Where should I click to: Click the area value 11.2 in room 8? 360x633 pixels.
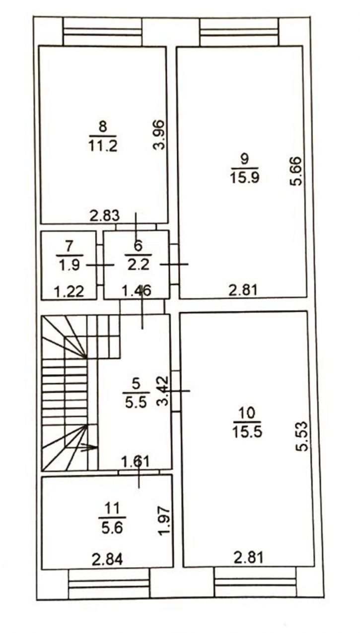(x=103, y=146)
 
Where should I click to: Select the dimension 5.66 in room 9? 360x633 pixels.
(x=296, y=171)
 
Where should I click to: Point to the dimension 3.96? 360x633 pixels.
(x=158, y=135)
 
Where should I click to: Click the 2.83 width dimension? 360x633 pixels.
(x=105, y=215)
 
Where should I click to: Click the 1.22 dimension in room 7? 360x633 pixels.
(x=69, y=291)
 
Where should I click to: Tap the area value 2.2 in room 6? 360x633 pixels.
(x=138, y=265)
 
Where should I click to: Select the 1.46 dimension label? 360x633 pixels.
(x=137, y=290)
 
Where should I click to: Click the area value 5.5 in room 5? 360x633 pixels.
(x=136, y=402)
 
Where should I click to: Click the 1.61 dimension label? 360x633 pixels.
(x=135, y=462)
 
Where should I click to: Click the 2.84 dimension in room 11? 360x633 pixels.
(x=107, y=559)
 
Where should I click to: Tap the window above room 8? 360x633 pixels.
(x=103, y=32)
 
